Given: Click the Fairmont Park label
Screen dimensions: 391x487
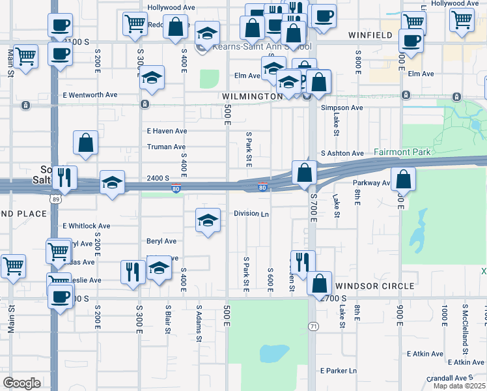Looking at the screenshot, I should click(402, 152).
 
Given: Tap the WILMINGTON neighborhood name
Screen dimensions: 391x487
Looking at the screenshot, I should click(252, 96).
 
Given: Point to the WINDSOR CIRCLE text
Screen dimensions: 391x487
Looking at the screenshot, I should click(374, 286).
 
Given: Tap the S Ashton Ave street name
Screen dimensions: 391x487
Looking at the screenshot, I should click(342, 153).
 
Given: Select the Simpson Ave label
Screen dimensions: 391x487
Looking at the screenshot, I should click(342, 108).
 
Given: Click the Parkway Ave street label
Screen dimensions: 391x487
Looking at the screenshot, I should click(370, 183).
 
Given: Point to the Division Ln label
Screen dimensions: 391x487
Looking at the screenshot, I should click(251, 214).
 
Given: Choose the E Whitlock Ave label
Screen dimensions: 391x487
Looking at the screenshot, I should click(87, 225).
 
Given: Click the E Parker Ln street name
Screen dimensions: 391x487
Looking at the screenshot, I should click(339, 370).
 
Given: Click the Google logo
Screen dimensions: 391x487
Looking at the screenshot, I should click(21, 383).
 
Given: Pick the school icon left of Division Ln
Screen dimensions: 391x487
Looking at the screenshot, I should click(208, 221).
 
